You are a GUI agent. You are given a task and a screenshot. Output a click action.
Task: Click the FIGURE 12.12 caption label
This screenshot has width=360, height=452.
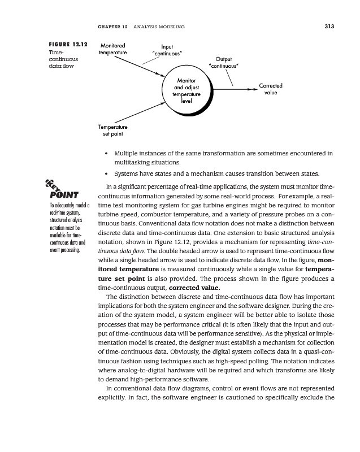point(66,45)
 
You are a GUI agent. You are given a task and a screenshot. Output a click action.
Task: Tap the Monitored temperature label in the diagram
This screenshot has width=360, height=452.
point(113,49)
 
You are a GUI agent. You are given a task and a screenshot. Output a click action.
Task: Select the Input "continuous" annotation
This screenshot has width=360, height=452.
point(167,50)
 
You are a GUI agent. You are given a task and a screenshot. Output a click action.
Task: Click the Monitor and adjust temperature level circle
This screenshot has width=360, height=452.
point(186,90)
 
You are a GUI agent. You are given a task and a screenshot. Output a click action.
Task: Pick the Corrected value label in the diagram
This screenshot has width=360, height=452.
point(271,89)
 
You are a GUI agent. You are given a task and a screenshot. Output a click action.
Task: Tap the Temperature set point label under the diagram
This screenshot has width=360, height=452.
point(113,131)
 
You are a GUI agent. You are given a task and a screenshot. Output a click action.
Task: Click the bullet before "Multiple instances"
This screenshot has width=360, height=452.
point(106,153)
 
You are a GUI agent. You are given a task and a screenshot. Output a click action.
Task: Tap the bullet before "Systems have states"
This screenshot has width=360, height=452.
point(106,173)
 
